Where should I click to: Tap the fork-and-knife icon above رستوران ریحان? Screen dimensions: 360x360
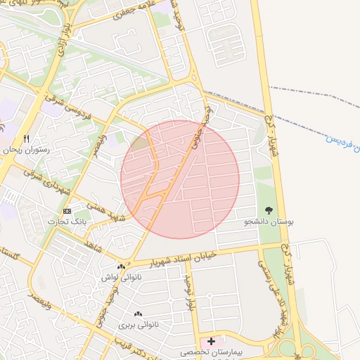pos(27,139)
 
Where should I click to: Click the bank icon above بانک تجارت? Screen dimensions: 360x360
pos(67,211)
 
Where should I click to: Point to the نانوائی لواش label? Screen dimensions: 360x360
pos(122,278)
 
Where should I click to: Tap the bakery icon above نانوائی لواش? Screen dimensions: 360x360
pos(122,266)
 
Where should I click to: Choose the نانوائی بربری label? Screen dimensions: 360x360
pos(138,325)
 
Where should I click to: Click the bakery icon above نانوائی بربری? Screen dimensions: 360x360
pos(138,314)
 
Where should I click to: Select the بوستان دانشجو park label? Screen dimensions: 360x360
pos(269,221)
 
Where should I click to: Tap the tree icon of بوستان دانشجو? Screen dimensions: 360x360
pos(269,210)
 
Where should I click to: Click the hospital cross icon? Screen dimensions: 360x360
pos(211,341)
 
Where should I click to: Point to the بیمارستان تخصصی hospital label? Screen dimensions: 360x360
pos(211,352)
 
